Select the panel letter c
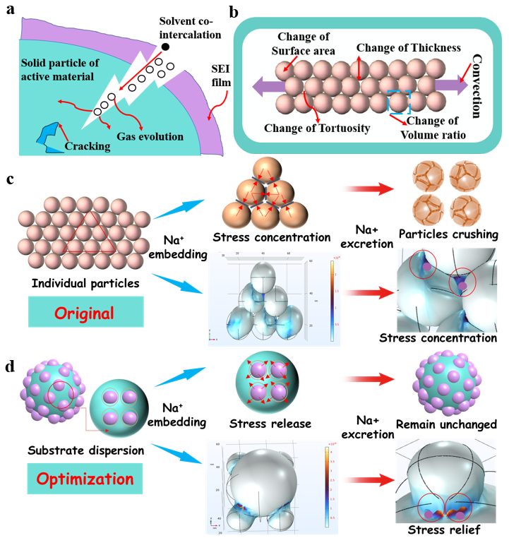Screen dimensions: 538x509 11,179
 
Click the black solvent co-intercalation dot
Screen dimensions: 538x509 166,47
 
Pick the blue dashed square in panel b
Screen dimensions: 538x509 400,100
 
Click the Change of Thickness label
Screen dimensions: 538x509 408,48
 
